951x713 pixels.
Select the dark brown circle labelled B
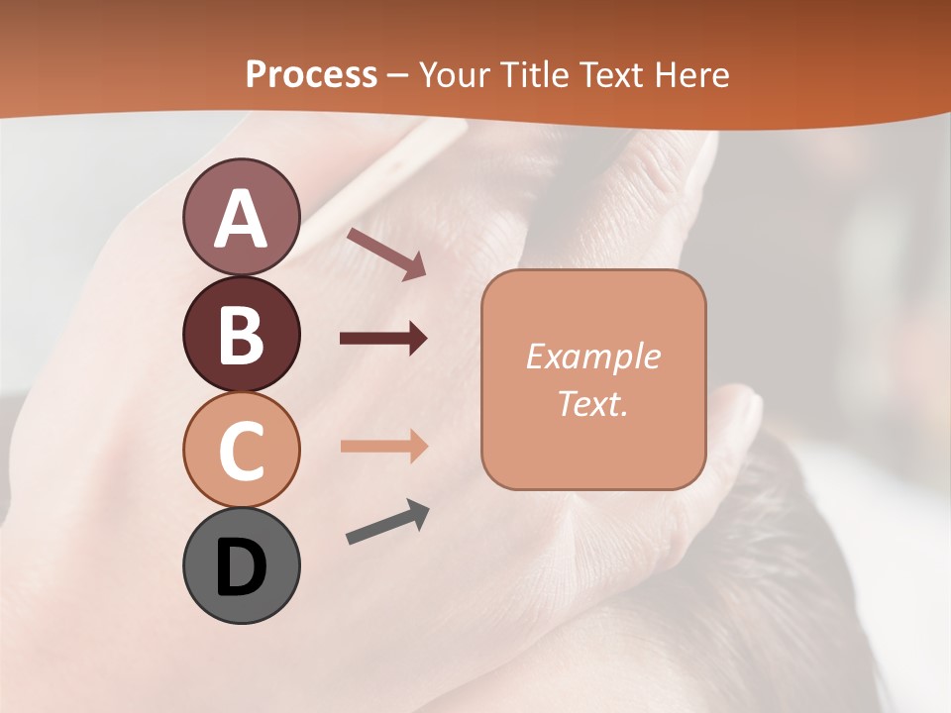pyautogui.click(x=241, y=334)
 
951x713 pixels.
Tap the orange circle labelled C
pyautogui.click(x=241, y=450)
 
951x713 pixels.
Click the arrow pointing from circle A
pyautogui.click(x=386, y=253)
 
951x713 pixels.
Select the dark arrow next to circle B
pyautogui.click(x=383, y=339)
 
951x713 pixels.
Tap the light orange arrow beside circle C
pyautogui.click(x=383, y=447)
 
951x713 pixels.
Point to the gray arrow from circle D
pyautogui.click(x=387, y=522)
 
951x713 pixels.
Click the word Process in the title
pyautogui.click(x=311, y=74)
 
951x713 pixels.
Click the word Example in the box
pyautogui.click(x=592, y=356)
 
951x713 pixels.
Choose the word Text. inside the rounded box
pyautogui.click(x=592, y=404)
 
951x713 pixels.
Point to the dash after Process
pyautogui.click(x=398, y=75)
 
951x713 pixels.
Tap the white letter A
pyautogui.click(x=241, y=219)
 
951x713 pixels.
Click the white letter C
pyautogui.click(x=241, y=450)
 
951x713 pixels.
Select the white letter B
pyautogui.click(x=241, y=334)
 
